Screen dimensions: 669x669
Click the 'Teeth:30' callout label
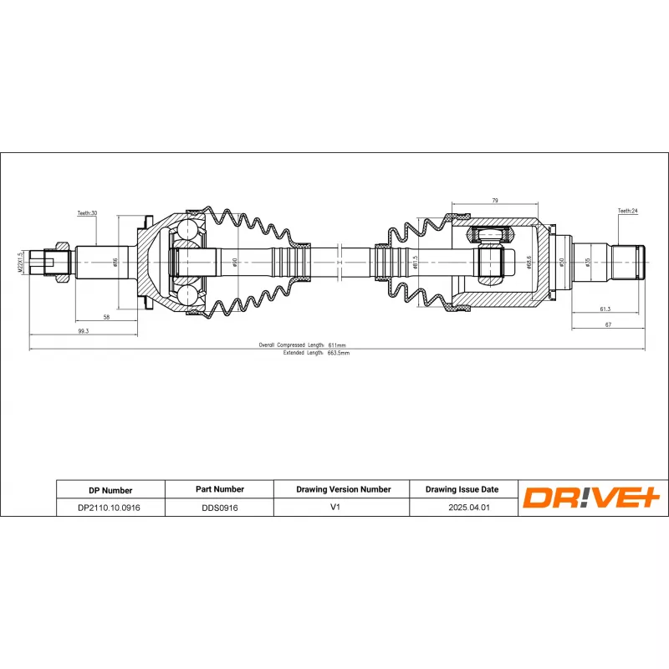(x=88, y=213)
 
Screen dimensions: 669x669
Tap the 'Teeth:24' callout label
(x=627, y=211)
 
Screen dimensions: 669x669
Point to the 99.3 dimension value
(x=83, y=331)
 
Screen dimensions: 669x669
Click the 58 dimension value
(x=106, y=317)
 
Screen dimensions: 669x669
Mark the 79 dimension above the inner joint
(x=494, y=200)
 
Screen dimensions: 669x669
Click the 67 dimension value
(x=609, y=324)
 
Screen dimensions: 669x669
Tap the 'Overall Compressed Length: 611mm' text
(x=303, y=345)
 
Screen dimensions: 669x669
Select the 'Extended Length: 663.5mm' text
(x=316, y=353)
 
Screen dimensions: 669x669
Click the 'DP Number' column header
(x=110, y=490)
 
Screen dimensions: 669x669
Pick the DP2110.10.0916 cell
(x=110, y=508)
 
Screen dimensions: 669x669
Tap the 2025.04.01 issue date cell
(x=462, y=508)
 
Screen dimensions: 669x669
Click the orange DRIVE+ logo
(x=592, y=498)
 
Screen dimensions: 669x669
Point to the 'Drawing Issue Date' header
(x=462, y=490)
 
